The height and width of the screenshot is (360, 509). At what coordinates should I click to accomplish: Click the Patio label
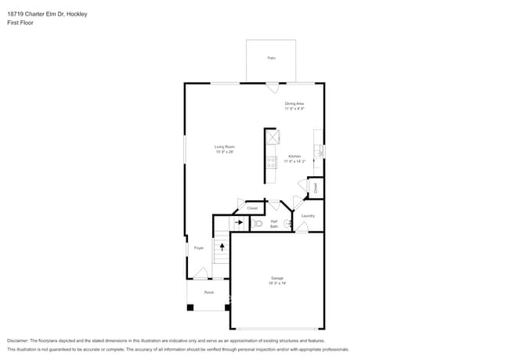[x=271, y=58]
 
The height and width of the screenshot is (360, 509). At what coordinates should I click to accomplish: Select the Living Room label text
[x=226, y=149]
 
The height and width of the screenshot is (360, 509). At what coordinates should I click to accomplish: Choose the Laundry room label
[x=308, y=216]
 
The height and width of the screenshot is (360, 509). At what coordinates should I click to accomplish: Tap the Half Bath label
[x=274, y=224]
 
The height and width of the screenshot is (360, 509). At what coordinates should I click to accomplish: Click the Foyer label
[x=199, y=248]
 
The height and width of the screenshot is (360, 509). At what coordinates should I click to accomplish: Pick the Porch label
[x=209, y=293]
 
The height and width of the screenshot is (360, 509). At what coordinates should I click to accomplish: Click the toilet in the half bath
[x=258, y=223]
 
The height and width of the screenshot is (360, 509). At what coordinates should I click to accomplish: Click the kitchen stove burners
[x=272, y=163]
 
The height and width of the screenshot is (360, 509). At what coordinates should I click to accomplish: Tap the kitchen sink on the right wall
[x=319, y=150]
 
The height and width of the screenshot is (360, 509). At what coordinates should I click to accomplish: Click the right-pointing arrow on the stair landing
[x=239, y=222]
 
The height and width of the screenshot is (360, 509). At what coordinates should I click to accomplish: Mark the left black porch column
[x=190, y=307]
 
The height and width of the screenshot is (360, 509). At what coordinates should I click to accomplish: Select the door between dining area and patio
[x=271, y=88]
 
